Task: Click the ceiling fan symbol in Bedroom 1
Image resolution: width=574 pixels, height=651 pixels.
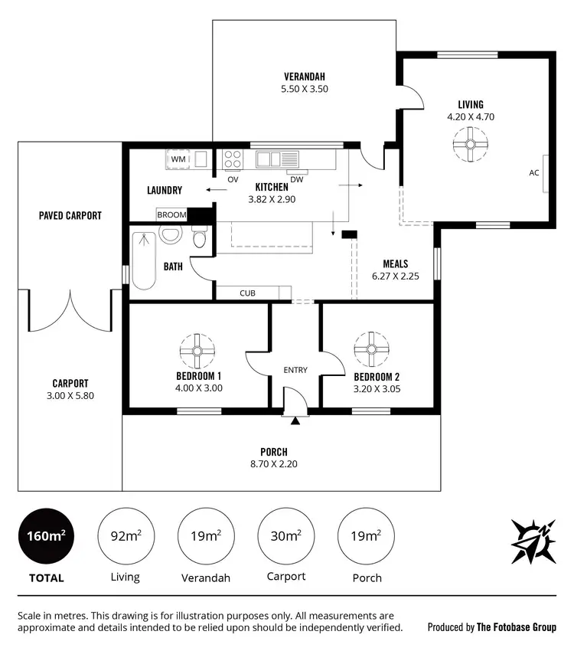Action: (197, 350)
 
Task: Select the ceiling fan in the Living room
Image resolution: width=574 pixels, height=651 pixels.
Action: (470, 143)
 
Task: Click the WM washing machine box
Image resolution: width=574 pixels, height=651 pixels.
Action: (178, 159)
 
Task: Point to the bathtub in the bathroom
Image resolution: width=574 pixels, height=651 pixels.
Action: (143, 260)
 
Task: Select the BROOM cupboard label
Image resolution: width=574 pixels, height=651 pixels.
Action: (171, 215)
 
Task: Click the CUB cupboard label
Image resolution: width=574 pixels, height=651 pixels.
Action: (247, 293)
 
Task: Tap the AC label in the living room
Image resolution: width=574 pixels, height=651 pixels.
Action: (533, 173)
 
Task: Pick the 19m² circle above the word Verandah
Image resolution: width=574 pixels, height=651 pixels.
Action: (206, 536)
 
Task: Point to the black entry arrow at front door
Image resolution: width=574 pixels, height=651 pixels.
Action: (295, 419)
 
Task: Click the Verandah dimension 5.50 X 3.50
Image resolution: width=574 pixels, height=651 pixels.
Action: (305, 89)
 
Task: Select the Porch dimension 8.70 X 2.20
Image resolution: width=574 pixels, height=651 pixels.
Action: (273, 465)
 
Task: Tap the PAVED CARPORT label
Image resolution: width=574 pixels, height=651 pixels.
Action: (70, 215)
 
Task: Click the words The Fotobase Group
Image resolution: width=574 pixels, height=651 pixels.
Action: (517, 626)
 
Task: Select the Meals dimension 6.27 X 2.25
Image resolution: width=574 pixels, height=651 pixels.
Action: (395, 276)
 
